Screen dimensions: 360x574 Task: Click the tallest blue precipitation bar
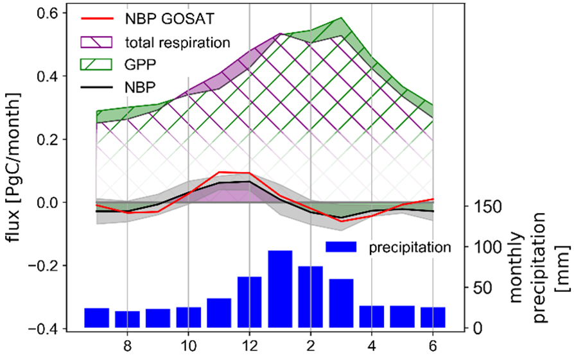coord(281,289)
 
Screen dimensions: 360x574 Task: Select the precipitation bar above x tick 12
coord(250,302)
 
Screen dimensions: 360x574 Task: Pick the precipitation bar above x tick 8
coord(127,320)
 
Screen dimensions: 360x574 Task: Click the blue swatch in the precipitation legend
coord(344,246)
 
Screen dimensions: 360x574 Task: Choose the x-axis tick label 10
coord(188,345)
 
